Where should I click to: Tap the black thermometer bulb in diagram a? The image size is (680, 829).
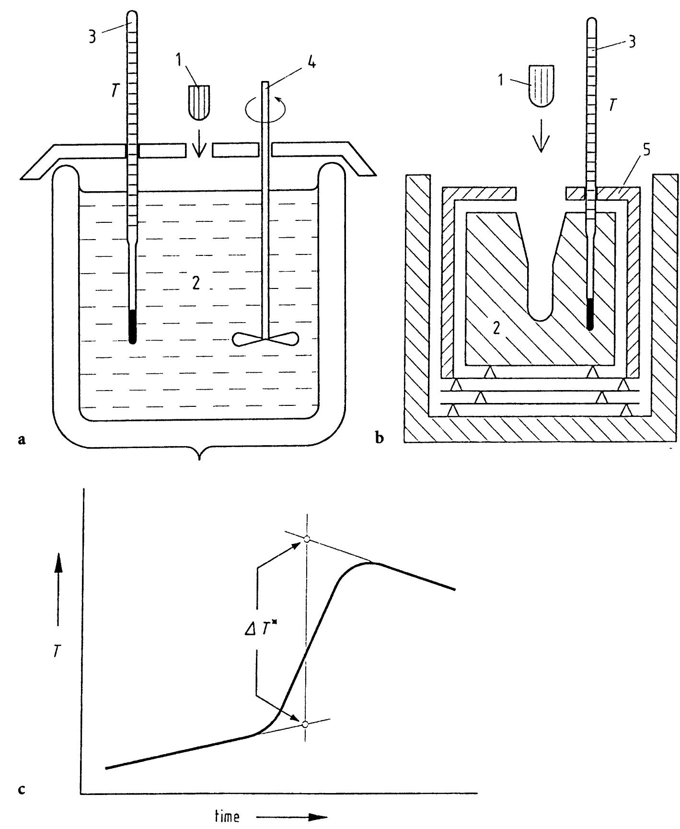click(x=133, y=326)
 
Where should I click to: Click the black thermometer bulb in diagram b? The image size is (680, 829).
click(x=590, y=314)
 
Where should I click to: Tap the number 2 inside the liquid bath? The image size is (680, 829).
click(x=195, y=285)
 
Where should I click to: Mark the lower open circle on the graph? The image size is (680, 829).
click(x=305, y=724)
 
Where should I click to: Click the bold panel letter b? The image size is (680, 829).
click(x=380, y=437)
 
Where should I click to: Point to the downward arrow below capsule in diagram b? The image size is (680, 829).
click(x=541, y=138)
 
